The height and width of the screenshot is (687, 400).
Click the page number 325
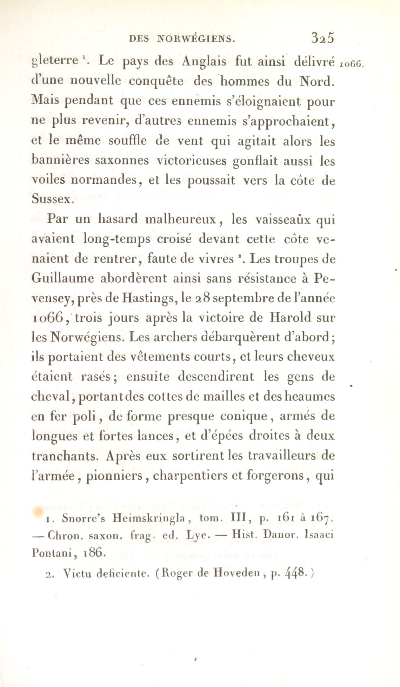[323, 38]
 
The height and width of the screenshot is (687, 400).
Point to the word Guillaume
[63, 279]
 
